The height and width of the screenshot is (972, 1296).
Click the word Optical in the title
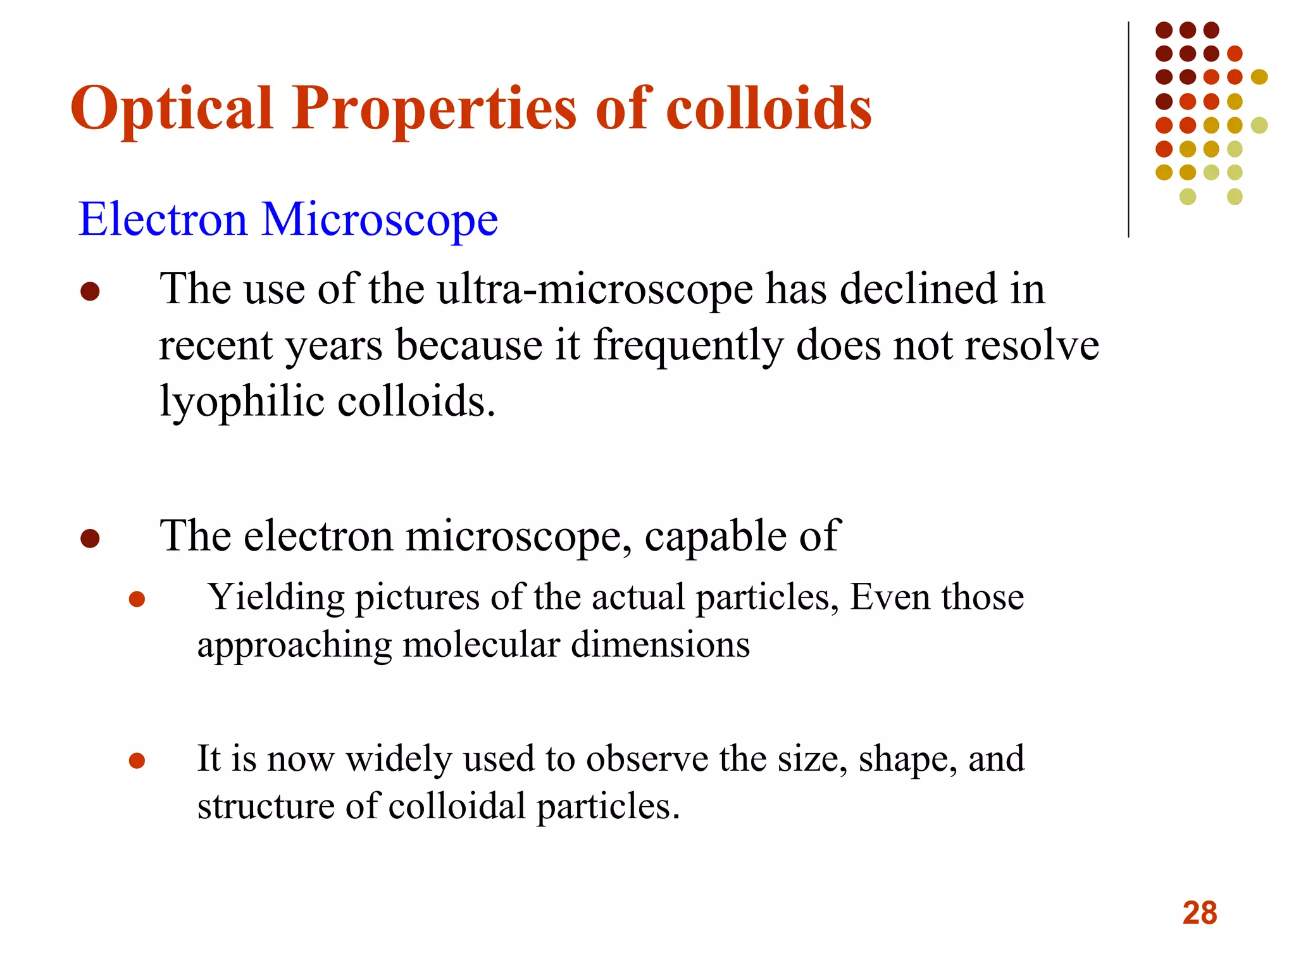pyautogui.click(x=171, y=109)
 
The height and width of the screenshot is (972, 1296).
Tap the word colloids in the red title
pyautogui.click(x=769, y=109)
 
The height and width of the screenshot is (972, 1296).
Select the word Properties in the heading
pyautogui.click(x=433, y=109)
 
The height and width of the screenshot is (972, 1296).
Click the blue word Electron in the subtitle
pyautogui.click(x=163, y=220)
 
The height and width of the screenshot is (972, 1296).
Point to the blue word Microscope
pyautogui.click(x=380, y=220)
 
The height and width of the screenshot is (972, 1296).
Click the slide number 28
pyautogui.click(x=1199, y=913)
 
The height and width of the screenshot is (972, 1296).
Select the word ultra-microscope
pyautogui.click(x=595, y=290)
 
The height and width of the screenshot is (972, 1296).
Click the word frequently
pyautogui.click(x=688, y=347)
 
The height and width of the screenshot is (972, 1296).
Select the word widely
pyautogui.click(x=399, y=758)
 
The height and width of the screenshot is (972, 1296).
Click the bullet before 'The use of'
pyautogui.click(x=90, y=292)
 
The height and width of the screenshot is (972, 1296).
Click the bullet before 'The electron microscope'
pyautogui.click(x=90, y=539)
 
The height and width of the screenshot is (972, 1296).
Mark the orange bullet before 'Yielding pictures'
pyautogui.click(x=137, y=599)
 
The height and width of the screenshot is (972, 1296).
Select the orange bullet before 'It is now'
pyautogui.click(x=137, y=760)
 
